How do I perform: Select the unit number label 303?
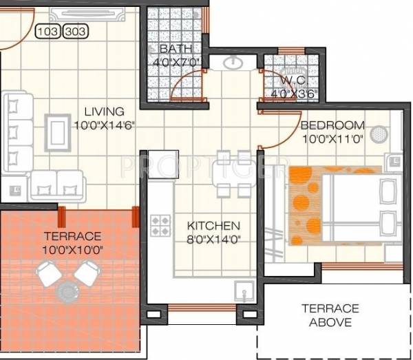tap(74, 31)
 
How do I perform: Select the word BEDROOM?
tap(332, 125)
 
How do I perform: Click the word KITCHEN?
tap(214, 226)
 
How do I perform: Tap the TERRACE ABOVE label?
tap(328, 315)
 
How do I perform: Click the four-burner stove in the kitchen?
tap(160, 225)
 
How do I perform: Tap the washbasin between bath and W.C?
tap(231, 64)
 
